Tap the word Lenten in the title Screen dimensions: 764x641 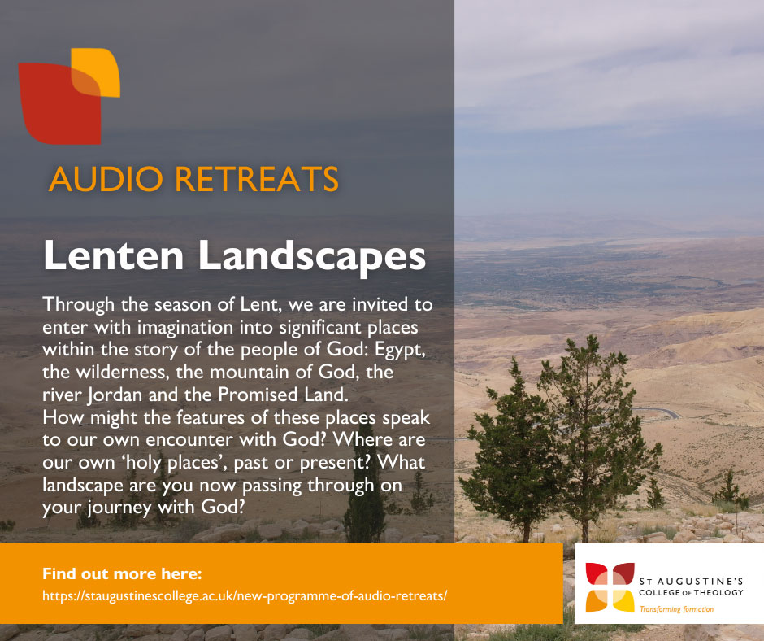tap(114, 255)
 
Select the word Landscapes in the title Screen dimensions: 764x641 tap(312, 257)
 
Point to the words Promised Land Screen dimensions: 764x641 tap(283, 395)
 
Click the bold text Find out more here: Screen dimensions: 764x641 tap(122, 573)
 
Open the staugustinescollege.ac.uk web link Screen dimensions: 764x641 tap(245, 596)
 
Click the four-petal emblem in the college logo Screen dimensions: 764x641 tap(610, 586)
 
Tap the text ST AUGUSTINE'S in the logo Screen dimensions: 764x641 tap(691, 581)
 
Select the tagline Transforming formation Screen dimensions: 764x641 tap(676, 609)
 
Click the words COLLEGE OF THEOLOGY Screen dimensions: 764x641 tap(691, 593)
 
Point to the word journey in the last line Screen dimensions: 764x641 tap(119, 508)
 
